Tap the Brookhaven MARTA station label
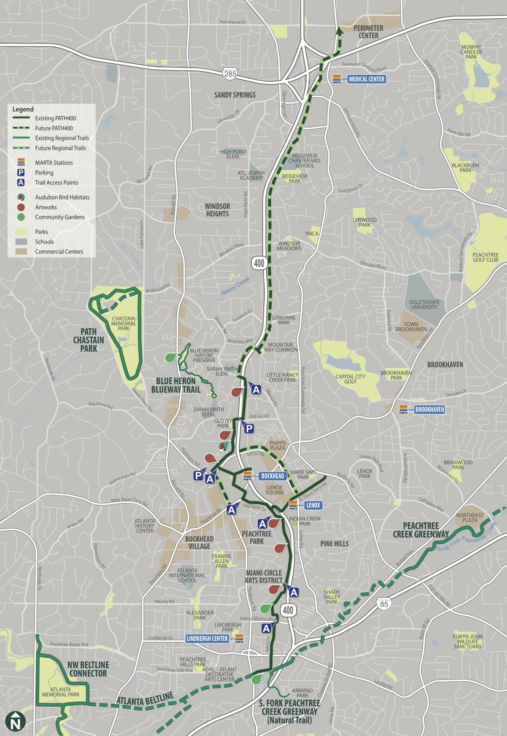click(x=429, y=409)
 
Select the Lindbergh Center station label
click(x=207, y=638)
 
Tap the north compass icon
click(x=16, y=721)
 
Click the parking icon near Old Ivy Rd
click(x=249, y=428)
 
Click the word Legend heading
click(x=23, y=109)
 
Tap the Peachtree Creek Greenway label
click(x=420, y=529)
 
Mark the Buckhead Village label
click(x=199, y=542)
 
